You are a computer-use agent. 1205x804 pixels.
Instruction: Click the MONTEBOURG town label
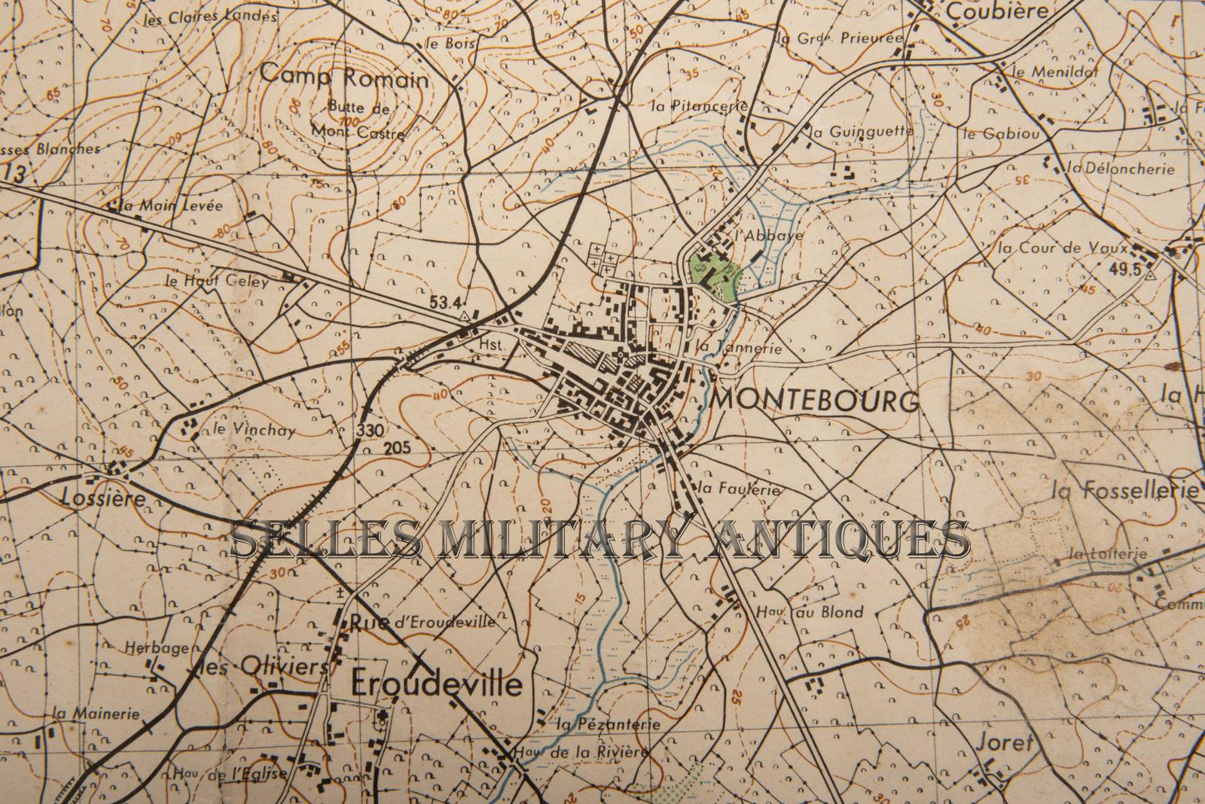click(815, 400)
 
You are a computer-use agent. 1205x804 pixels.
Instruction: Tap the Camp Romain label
click(344, 77)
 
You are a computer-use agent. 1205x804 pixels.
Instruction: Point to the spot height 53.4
click(444, 303)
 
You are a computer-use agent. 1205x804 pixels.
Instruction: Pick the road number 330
click(372, 431)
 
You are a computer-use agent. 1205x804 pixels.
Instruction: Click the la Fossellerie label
click(1124, 491)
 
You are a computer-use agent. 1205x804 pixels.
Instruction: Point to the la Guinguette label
click(862, 132)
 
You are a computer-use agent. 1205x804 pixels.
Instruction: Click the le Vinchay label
click(244, 431)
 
